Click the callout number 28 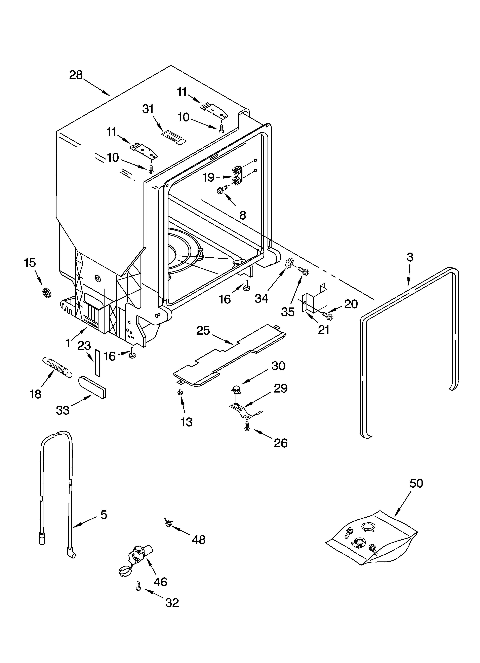(x=76, y=75)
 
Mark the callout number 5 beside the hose (x=104, y=515)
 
